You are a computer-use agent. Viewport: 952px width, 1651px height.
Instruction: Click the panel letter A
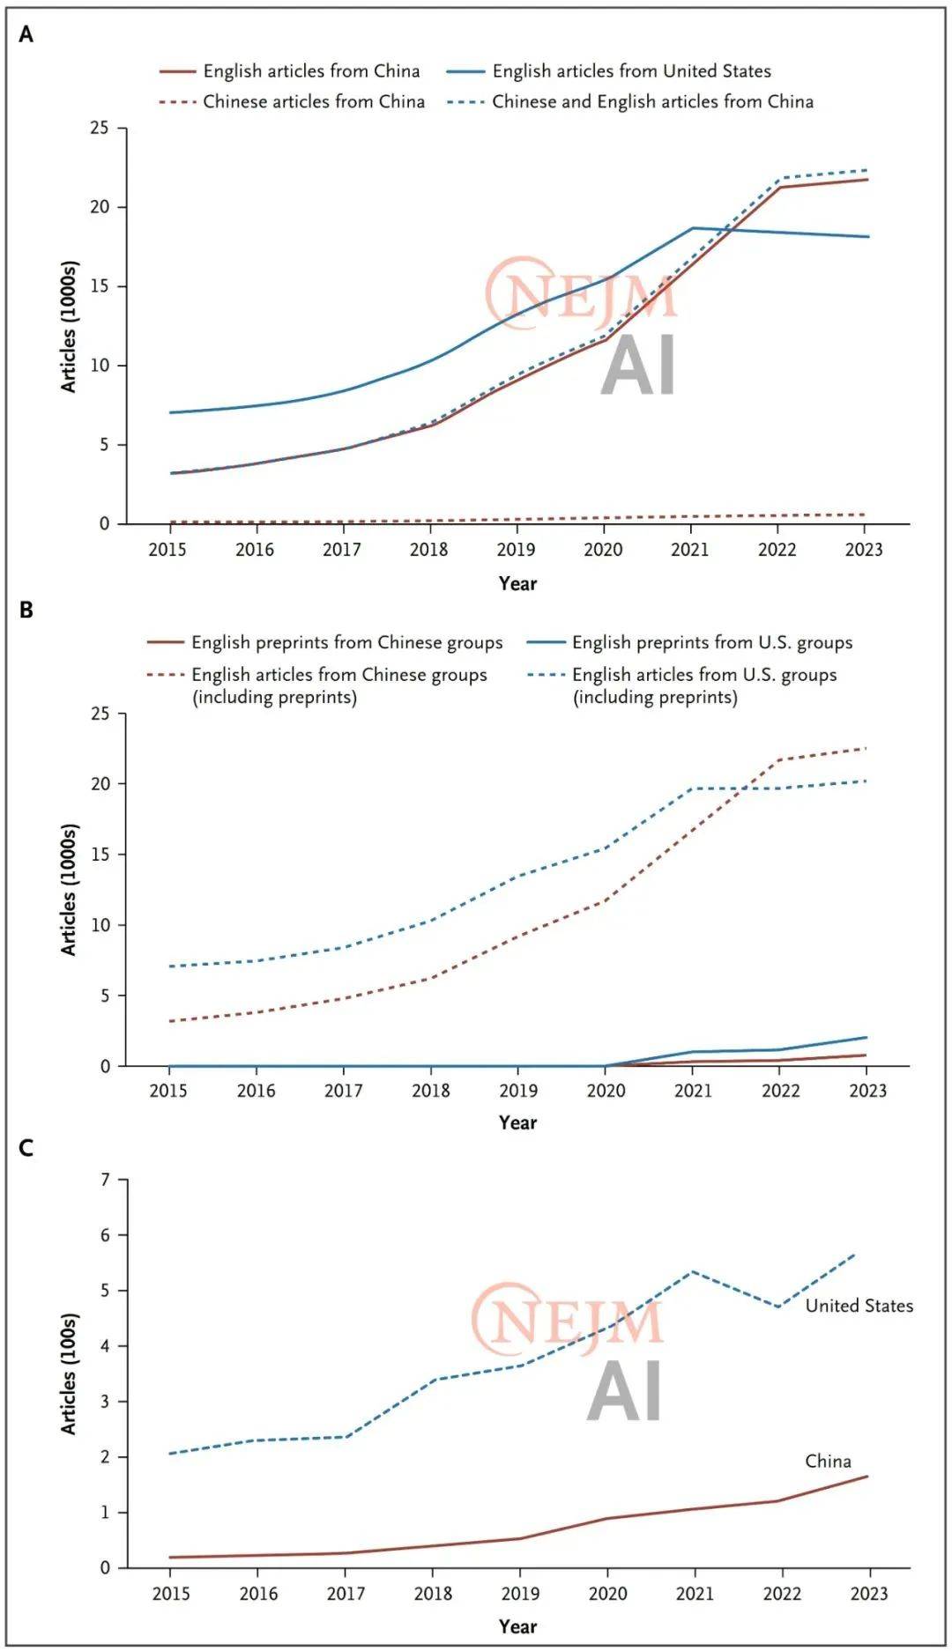click(x=26, y=34)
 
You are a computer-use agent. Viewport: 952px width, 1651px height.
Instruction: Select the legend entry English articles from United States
click(x=630, y=71)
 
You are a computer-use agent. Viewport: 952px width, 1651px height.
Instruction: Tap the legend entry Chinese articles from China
click(x=313, y=102)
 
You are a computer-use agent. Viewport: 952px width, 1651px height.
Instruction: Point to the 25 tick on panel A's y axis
click(x=100, y=129)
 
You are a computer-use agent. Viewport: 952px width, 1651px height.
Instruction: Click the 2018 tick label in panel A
click(x=429, y=550)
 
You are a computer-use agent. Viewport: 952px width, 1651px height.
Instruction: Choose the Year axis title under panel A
click(x=517, y=583)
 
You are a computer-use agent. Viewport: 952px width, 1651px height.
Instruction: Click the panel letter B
click(x=26, y=610)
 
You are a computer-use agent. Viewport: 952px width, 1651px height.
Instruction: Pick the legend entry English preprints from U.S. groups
click(x=711, y=643)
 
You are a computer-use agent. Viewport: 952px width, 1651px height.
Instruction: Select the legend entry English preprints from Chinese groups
click(x=346, y=643)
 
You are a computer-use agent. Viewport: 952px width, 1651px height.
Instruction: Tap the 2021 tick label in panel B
click(x=693, y=1091)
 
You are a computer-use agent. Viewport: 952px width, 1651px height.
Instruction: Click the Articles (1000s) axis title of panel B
click(x=69, y=890)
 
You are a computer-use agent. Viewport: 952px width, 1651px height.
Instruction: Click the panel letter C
click(x=26, y=1148)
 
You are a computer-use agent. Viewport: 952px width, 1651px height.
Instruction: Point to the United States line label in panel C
click(x=859, y=1306)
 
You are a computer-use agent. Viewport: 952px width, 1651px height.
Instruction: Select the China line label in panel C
click(x=828, y=1461)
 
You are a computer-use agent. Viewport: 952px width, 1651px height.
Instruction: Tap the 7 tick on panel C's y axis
click(x=107, y=1180)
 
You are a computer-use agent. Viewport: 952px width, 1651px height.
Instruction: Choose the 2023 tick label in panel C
click(x=868, y=1593)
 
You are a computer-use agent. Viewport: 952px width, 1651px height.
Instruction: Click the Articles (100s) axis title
click(x=69, y=1374)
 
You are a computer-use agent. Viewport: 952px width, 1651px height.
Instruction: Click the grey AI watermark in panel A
click(x=638, y=365)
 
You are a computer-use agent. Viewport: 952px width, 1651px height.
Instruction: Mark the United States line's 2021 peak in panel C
click(x=694, y=1271)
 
